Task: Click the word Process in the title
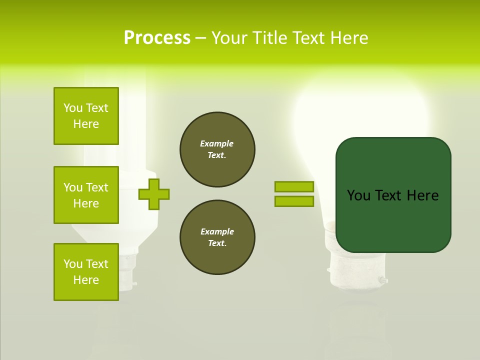tap(157, 38)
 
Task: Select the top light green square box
tap(86, 116)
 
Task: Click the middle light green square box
tap(86, 195)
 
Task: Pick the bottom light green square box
tap(86, 272)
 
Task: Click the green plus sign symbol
tap(154, 194)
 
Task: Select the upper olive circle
tap(217, 149)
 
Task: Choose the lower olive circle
tap(217, 237)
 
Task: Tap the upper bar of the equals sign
tap(294, 187)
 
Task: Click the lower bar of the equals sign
tap(294, 201)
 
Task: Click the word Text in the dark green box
tap(388, 195)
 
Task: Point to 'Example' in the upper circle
tap(216, 143)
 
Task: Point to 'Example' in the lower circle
tap(217, 231)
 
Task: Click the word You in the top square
tap(73, 108)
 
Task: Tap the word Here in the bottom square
tap(86, 280)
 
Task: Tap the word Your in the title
tap(229, 38)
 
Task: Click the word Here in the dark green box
tap(422, 195)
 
